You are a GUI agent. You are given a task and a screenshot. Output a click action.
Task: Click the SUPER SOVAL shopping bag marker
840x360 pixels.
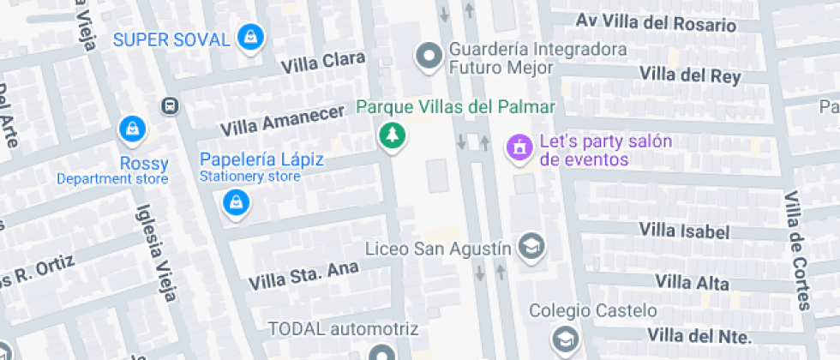coord(249,37)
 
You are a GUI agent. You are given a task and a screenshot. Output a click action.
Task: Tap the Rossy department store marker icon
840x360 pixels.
coord(133,129)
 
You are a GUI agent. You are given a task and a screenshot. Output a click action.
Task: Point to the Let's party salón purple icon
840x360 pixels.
coord(518,147)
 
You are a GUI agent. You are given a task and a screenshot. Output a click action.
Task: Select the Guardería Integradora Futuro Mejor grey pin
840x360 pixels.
coord(428,57)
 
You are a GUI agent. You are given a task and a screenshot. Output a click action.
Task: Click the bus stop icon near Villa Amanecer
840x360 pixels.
coord(170,106)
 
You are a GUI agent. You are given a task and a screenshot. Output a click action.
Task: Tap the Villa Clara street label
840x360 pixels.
coord(323,62)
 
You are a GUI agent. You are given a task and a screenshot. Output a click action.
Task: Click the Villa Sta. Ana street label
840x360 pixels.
coord(303,275)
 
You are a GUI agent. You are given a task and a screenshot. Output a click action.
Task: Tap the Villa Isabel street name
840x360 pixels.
coord(684,231)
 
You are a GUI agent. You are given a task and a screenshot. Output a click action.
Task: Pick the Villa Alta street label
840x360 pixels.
coord(692,282)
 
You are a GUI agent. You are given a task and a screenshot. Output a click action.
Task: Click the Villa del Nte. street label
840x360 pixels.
coord(699,334)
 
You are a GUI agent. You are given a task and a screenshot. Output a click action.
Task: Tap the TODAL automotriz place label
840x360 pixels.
coord(343,328)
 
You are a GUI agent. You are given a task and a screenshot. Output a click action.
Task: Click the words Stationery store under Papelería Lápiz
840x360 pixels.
coord(250,177)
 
